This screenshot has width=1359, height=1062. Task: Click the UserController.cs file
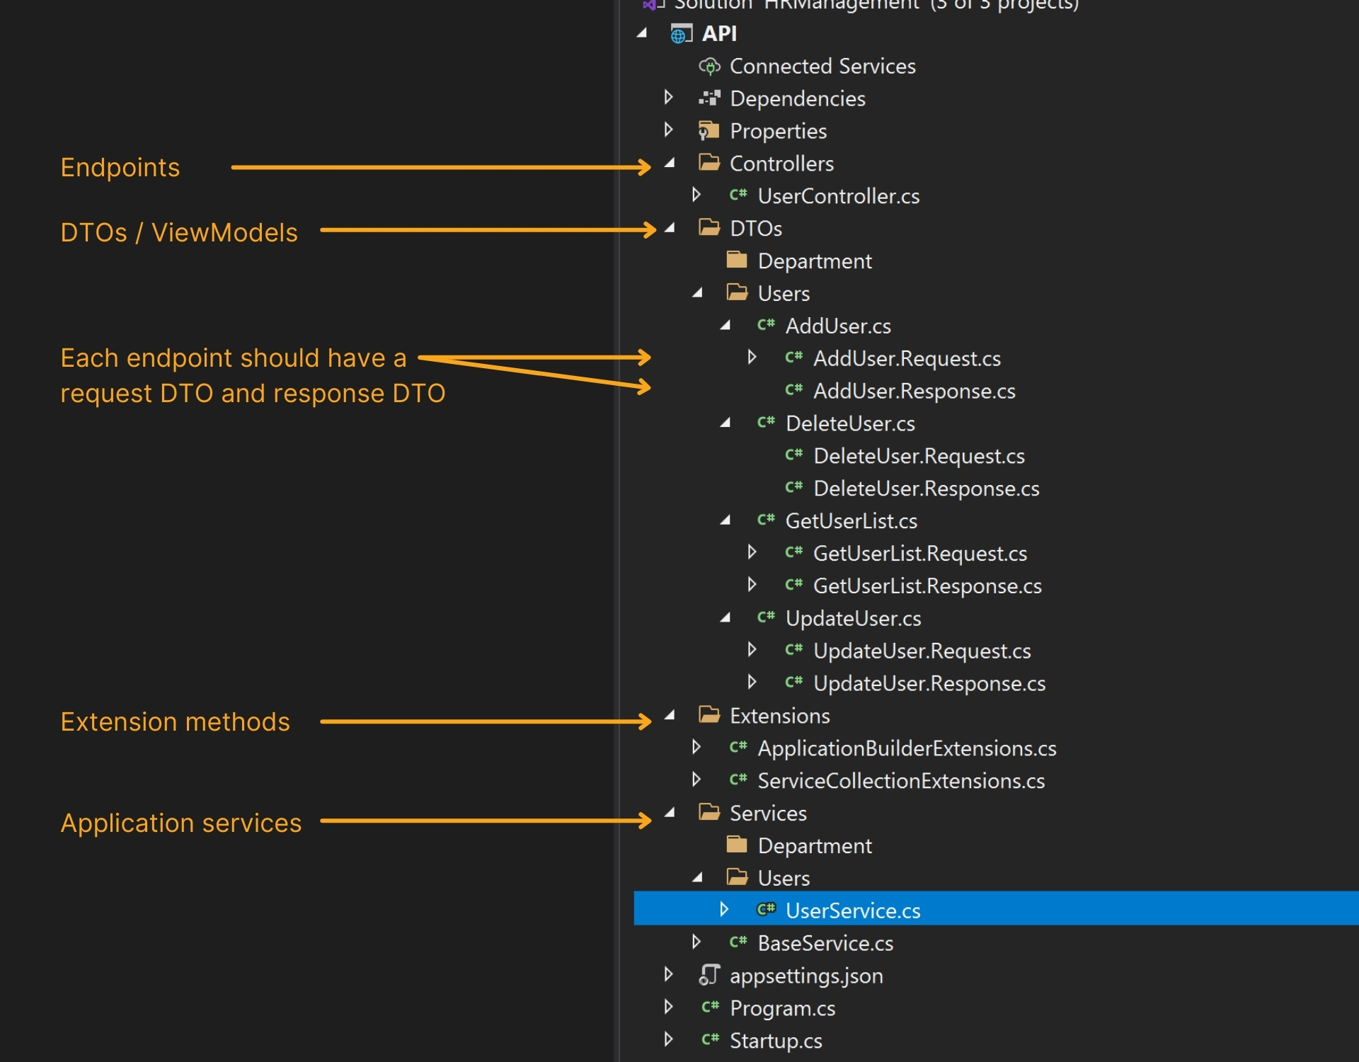pos(838,196)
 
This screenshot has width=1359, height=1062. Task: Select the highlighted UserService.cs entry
pos(852,910)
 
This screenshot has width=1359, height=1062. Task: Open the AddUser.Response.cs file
pos(914,391)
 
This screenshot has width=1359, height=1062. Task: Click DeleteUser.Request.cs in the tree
pos(919,456)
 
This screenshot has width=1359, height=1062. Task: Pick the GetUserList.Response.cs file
pos(927,586)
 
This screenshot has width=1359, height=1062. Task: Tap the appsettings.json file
pos(806,976)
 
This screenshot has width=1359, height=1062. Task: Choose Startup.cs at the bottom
pos(776,1041)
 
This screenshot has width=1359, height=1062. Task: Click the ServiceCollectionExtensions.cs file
pos(901,781)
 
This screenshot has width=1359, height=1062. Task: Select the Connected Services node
pos(822,66)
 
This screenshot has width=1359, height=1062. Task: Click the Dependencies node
pos(797,98)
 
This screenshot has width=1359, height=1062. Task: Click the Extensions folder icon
pos(709,714)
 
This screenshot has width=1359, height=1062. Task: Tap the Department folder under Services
pos(814,845)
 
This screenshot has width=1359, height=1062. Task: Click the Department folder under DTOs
pos(814,261)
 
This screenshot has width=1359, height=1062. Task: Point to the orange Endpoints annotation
pos(120,168)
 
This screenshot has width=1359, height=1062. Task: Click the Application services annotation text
pos(180,823)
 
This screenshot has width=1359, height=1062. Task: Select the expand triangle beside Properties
pos(668,130)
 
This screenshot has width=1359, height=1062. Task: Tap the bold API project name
pos(719,33)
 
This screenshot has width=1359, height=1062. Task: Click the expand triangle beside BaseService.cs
pos(696,942)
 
